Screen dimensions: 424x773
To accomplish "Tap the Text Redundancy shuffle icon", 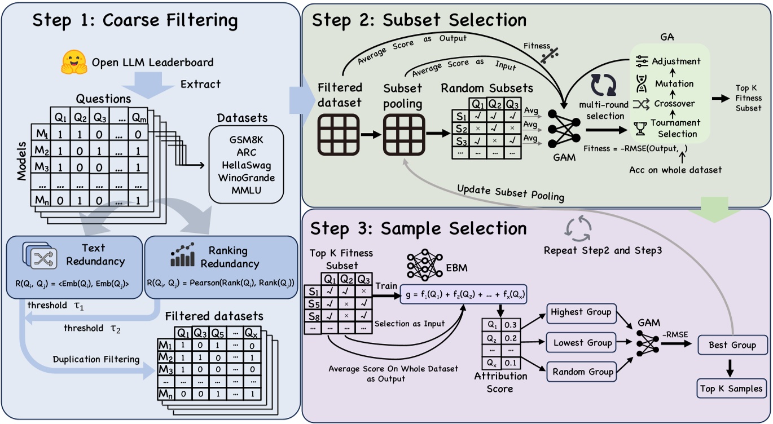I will click(38, 258).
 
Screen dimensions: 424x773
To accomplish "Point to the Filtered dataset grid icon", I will click(338, 135).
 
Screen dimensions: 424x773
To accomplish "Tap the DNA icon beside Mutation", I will click(641, 83).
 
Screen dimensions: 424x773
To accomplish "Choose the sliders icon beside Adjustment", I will click(641, 61).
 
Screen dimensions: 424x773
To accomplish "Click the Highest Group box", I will click(581, 312).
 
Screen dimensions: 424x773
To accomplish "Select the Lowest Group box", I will click(581, 342).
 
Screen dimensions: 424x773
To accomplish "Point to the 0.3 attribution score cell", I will click(510, 325).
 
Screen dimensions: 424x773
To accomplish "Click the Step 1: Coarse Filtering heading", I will click(135, 21).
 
